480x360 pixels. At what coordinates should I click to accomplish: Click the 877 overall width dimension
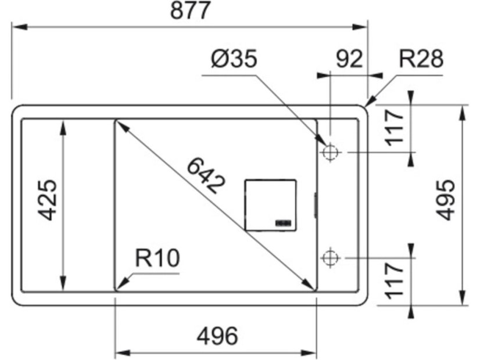pos(189,12)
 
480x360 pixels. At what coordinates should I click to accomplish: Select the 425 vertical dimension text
pos(47,200)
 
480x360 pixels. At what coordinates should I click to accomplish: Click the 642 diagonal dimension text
pos(206,177)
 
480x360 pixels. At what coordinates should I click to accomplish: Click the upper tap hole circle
pos(329,152)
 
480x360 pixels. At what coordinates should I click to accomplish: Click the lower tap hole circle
pos(329,257)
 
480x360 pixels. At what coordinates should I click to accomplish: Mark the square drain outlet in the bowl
pos(270,204)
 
